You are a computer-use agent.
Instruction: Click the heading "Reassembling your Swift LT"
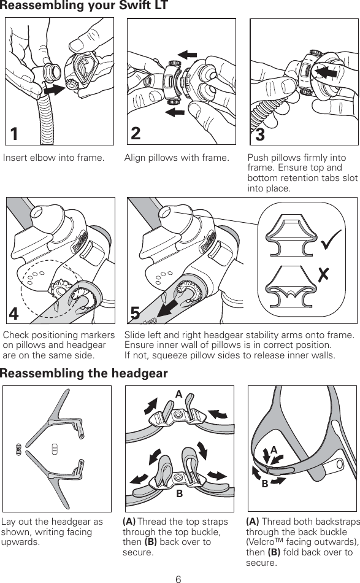point(84,7)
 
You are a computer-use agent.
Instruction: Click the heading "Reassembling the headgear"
point(84,374)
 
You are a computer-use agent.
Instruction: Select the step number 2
point(136,133)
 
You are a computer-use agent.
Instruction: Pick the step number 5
point(136,313)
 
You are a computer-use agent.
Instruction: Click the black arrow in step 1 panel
point(55,90)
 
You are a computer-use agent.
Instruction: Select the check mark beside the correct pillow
point(331,244)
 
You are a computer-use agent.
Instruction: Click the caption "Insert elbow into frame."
point(53,158)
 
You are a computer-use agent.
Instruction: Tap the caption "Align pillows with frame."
point(177,158)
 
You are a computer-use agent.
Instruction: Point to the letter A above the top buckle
point(179,395)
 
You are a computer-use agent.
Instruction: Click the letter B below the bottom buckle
point(180,493)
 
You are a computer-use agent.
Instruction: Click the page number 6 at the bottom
point(178,577)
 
